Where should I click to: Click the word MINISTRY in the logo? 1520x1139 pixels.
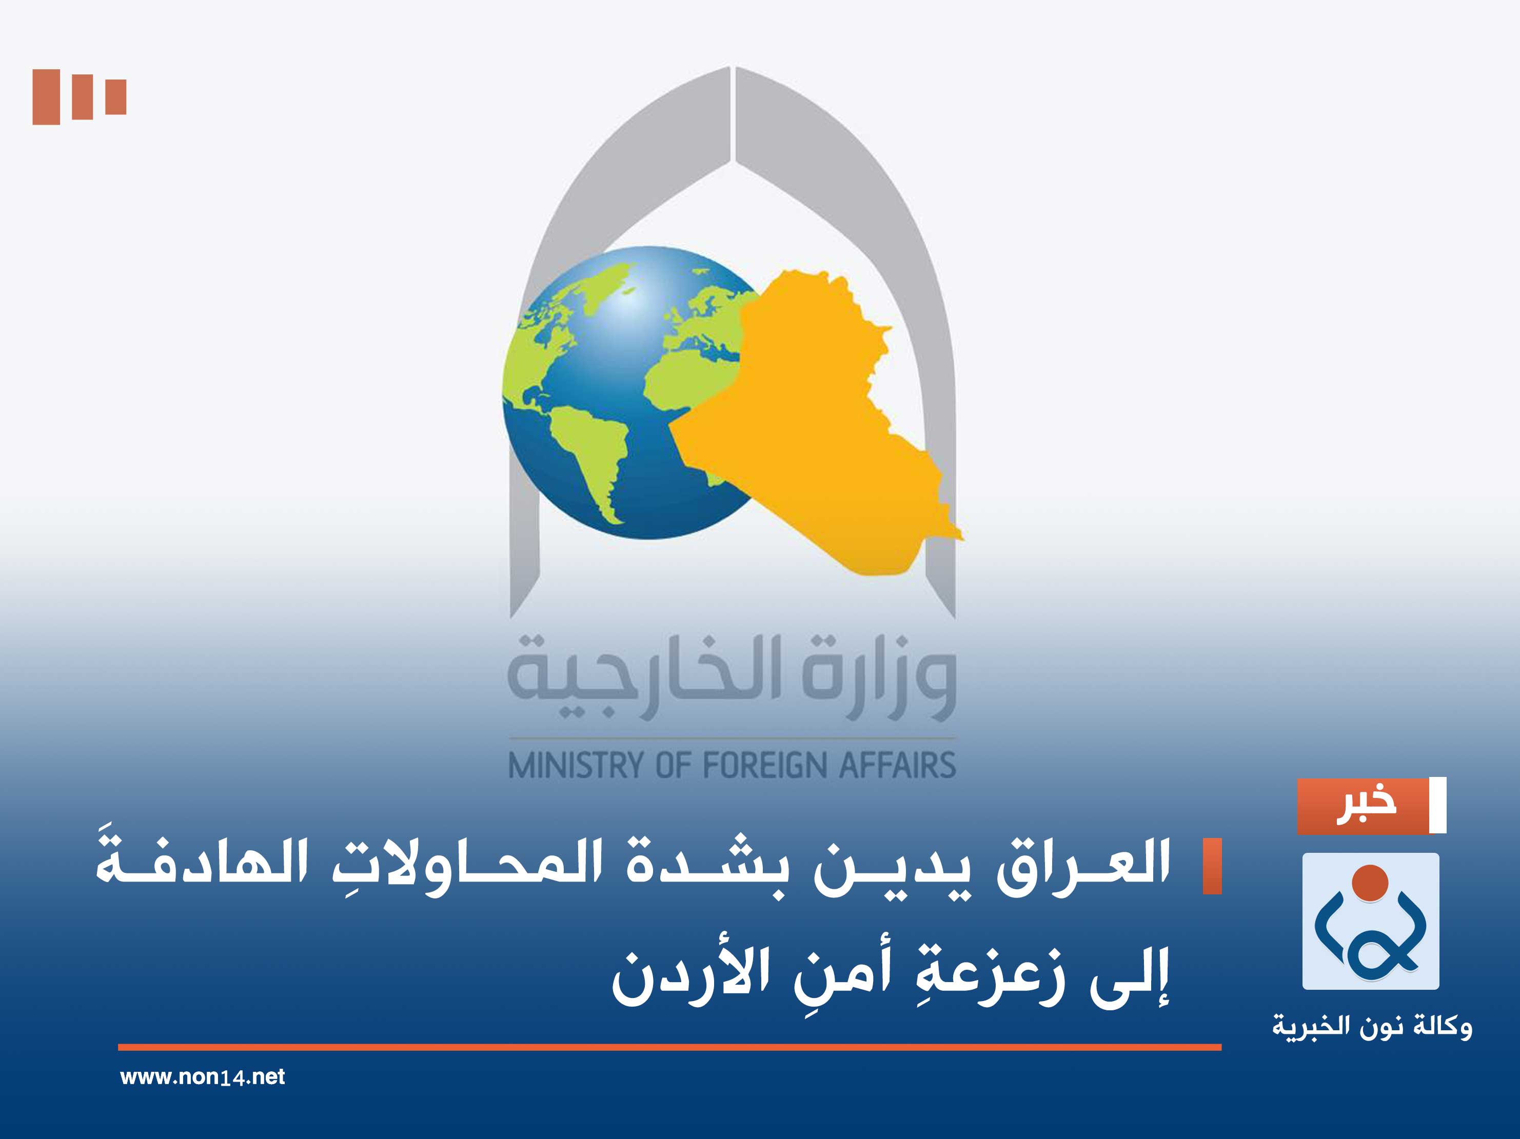pos(575,765)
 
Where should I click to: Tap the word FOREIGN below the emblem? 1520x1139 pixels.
pos(765,765)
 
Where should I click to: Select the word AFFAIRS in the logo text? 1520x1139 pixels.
pos(897,765)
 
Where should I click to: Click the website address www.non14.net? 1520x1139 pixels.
pos(202,1077)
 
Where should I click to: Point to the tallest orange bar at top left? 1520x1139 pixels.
pos(46,97)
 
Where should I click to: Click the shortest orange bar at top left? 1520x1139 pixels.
pos(115,97)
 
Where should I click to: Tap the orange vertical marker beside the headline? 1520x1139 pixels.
pos(1212,866)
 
